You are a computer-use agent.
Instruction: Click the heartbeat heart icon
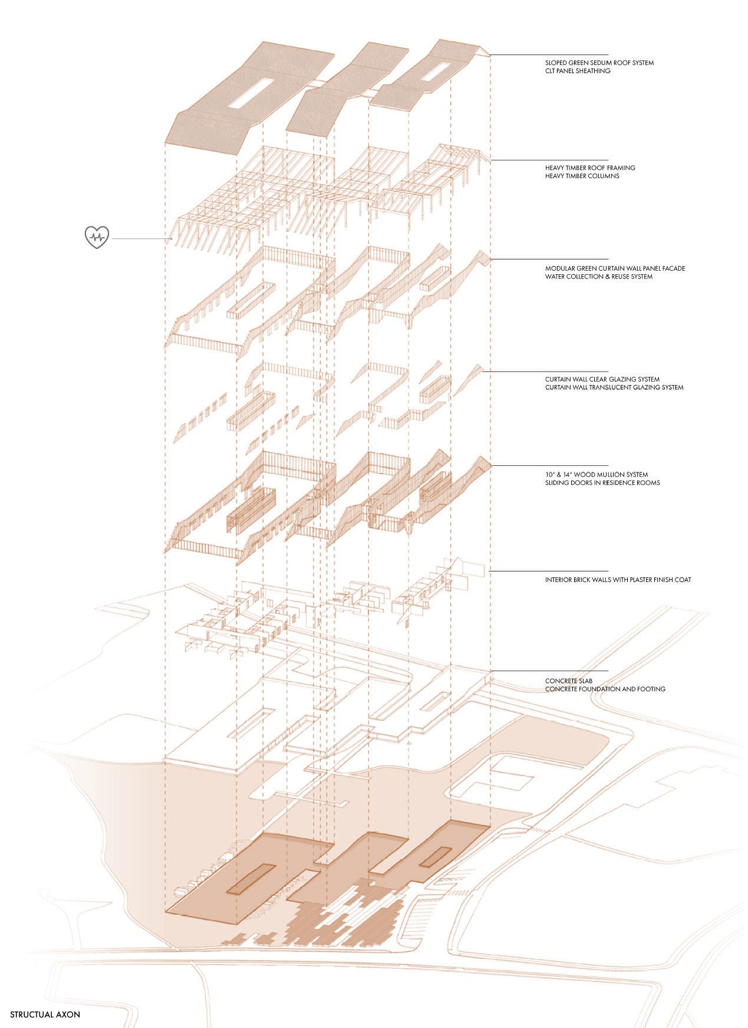[x=95, y=238]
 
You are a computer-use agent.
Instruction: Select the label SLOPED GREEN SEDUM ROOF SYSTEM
[x=599, y=63]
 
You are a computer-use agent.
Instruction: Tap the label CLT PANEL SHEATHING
[x=578, y=71]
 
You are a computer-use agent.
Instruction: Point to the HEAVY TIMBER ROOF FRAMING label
[x=590, y=167]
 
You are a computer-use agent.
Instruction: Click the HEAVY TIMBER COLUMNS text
[x=582, y=176]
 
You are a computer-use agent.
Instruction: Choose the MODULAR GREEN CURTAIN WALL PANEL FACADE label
[x=615, y=268]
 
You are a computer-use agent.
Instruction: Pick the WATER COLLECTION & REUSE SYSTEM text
[x=599, y=276]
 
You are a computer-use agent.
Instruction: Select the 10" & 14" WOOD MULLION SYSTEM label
[x=597, y=474]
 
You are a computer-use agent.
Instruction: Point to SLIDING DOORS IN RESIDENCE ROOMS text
[x=602, y=482]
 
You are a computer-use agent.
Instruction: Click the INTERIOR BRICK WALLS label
[x=618, y=580]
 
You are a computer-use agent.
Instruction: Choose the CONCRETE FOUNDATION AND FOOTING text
[x=605, y=689]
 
